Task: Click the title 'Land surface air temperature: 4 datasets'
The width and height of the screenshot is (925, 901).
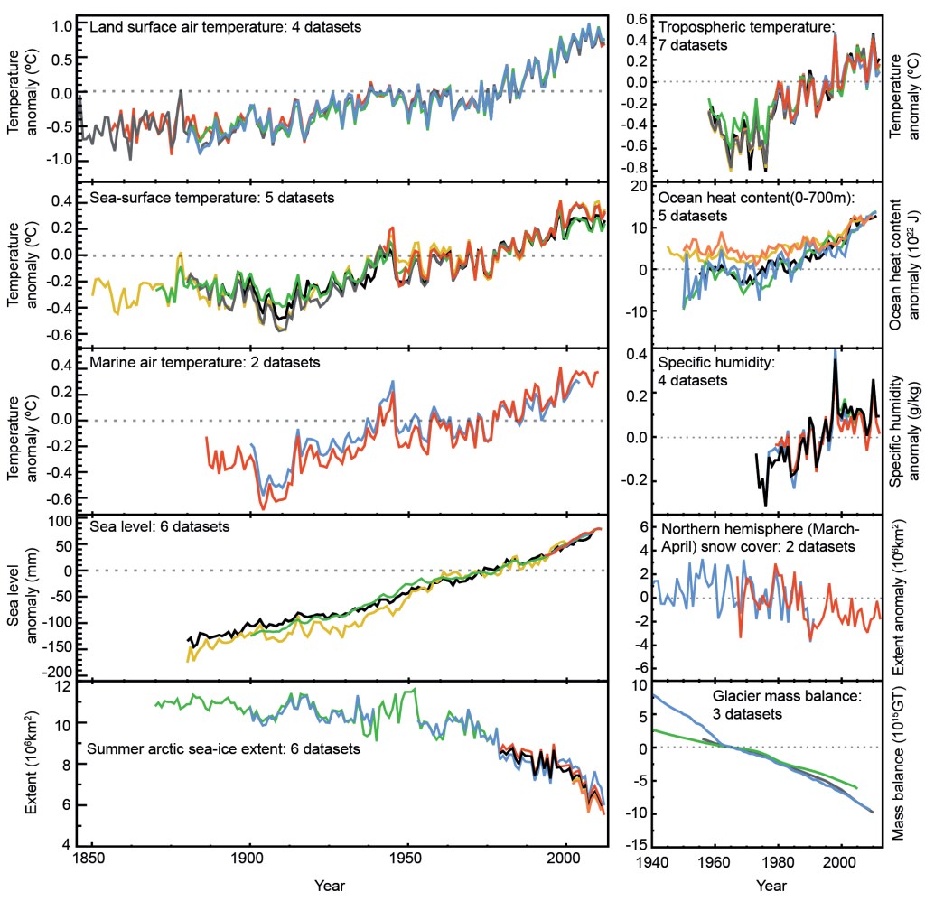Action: [226, 27]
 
